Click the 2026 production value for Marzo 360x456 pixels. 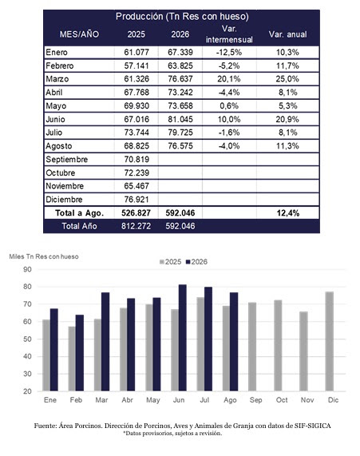click(x=180, y=79)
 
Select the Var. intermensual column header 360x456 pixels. click(x=229, y=34)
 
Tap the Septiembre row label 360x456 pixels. click(x=66, y=160)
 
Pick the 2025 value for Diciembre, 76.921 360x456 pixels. click(x=136, y=200)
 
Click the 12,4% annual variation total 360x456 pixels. click(x=288, y=213)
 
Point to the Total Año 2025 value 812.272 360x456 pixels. click(x=136, y=226)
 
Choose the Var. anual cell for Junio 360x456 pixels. click(x=287, y=119)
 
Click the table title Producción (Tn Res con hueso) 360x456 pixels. click(x=182, y=17)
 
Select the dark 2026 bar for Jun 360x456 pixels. click(x=183, y=338)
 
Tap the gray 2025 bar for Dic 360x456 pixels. click(x=330, y=342)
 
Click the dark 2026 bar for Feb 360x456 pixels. click(x=80, y=353)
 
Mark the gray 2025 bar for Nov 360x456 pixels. click(x=303, y=351)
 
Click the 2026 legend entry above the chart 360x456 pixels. click(x=196, y=262)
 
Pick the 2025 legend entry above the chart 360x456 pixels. click(x=170, y=262)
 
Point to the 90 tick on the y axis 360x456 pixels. click(x=27, y=270)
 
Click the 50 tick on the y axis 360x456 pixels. click(x=27, y=339)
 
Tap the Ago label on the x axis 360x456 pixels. click(x=230, y=400)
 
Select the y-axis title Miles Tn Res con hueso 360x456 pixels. click(x=44, y=256)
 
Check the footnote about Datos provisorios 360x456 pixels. click(x=172, y=434)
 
